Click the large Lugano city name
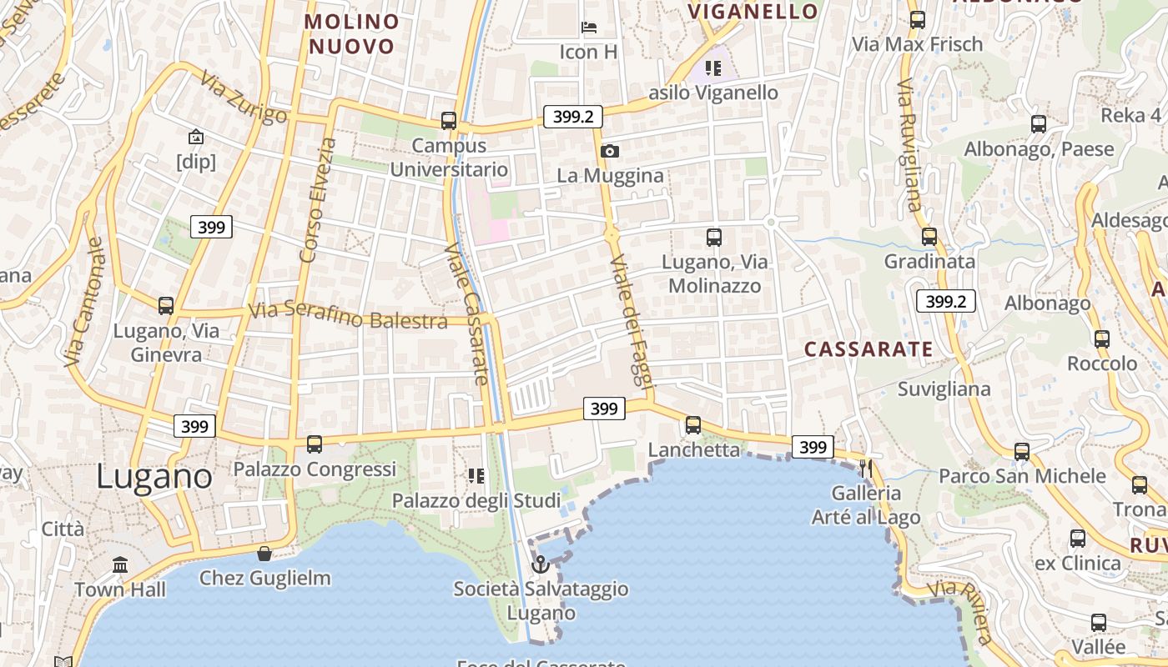(x=154, y=476)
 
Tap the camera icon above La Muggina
(x=610, y=151)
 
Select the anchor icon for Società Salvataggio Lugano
(x=541, y=564)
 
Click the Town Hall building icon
(x=120, y=565)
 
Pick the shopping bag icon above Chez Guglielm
(x=264, y=554)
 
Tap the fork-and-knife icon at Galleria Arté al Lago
(x=866, y=469)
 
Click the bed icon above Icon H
(x=589, y=28)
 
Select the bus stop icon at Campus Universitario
(x=449, y=121)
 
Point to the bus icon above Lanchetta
(x=693, y=425)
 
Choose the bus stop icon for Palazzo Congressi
(x=315, y=444)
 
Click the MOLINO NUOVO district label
(x=351, y=33)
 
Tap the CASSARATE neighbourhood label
(x=868, y=349)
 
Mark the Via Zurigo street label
(x=244, y=98)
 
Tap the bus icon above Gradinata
(x=929, y=237)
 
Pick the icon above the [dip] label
(x=195, y=137)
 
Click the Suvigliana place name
(x=944, y=389)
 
